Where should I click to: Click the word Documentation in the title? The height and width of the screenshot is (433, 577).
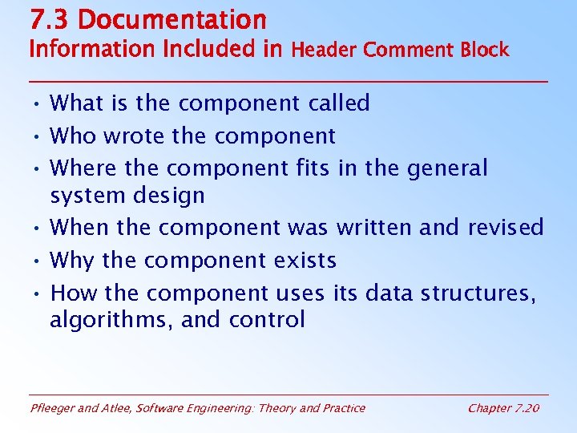click(172, 19)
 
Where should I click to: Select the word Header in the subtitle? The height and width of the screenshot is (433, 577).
click(324, 50)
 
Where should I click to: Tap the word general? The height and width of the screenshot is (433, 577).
click(447, 168)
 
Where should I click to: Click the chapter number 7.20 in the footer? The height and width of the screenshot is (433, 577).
click(526, 408)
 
